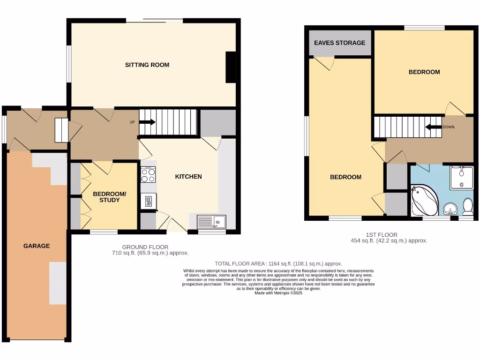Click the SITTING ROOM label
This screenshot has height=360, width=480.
click(x=147, y=65)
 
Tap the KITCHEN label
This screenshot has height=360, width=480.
click(x=188, y=177)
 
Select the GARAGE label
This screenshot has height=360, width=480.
click(x=37, y=246)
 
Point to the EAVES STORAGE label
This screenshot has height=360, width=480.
click(x=339, y=43)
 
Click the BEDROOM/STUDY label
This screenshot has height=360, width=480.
click(x=109, y=197)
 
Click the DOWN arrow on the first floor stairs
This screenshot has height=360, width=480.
click(x=434, y=127)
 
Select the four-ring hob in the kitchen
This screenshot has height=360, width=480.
click(x=149, y=175)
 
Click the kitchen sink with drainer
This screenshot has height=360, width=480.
click(x=211, y=221)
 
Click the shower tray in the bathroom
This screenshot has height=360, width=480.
click(x=461, y=178)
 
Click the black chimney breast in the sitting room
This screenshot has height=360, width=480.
click(x=231, y=67)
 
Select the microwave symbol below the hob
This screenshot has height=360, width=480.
click(x=149, y=201)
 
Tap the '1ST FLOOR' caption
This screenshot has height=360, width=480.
click(x=381, y=235)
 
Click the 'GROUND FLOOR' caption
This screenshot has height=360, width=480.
click(x=145, y=247)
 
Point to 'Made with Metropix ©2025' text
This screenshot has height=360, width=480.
click(x=278, y=293)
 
